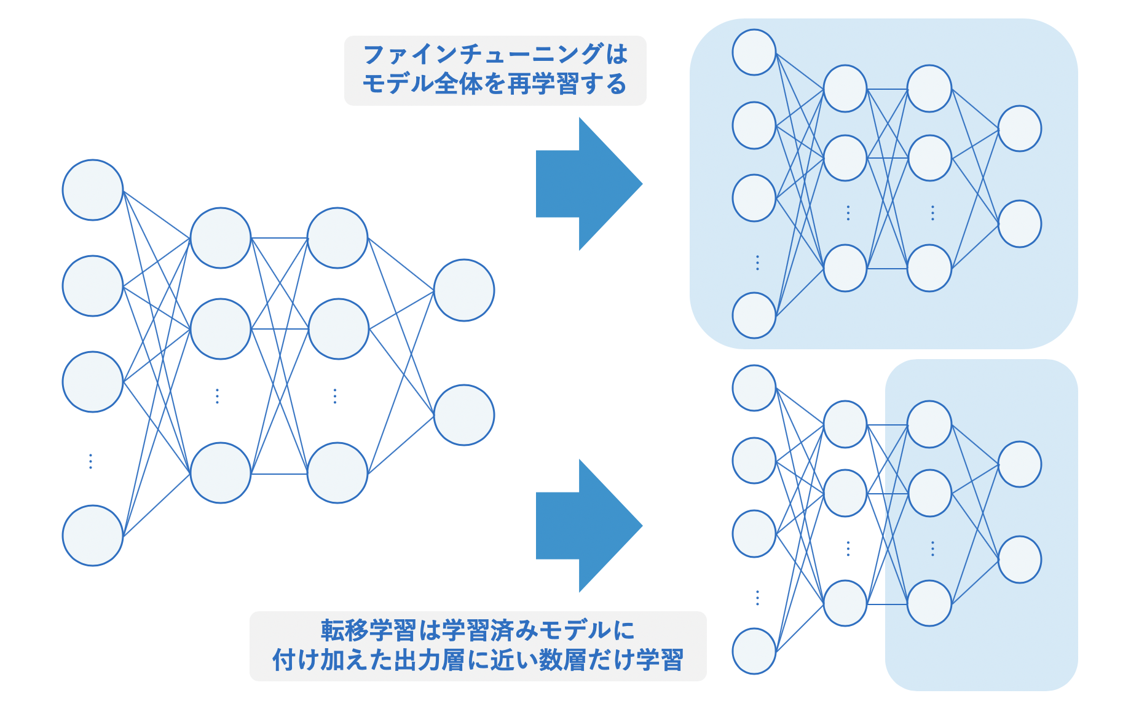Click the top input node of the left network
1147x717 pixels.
[93, 190]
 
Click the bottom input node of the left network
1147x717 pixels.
[93, 536]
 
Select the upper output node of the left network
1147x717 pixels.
[464, 290]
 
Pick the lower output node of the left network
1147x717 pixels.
[464, 415]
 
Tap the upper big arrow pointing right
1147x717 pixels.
[588, 184]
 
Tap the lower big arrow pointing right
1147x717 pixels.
[588, 526]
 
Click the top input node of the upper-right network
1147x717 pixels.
[754, 52]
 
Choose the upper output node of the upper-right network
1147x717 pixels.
[1020, 129]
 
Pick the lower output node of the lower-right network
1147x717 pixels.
[1020, 560]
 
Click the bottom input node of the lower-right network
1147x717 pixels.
[754, 651]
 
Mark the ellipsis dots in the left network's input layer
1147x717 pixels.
[91, 461]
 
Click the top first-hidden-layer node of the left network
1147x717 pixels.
[221, 238]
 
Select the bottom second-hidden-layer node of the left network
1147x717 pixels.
[337, 473]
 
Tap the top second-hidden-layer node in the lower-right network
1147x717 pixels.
[929, 424]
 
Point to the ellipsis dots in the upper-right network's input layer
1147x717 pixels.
[757, 263]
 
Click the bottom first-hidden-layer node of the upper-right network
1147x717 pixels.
[845, 268]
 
